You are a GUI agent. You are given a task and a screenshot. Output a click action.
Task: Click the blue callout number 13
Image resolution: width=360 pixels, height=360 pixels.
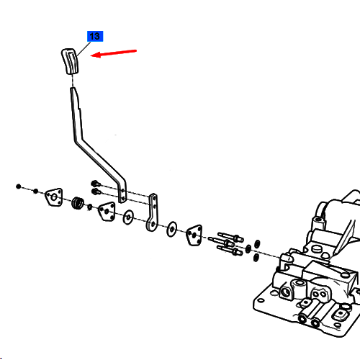95,36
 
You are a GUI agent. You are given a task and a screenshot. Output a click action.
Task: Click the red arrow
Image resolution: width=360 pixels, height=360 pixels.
113,53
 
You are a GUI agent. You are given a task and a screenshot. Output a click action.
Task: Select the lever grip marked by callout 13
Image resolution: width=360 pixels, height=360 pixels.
70,61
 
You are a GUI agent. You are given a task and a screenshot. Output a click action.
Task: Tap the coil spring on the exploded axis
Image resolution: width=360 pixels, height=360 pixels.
78,203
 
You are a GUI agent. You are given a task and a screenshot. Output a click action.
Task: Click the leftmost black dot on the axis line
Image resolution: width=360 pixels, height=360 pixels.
19,186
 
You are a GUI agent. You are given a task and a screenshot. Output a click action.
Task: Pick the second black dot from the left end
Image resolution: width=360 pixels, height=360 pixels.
35,192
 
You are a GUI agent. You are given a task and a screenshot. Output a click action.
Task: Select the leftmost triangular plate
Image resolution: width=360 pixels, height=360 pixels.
54,197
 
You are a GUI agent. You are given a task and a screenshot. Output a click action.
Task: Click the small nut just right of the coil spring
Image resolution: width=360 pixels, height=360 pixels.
90,207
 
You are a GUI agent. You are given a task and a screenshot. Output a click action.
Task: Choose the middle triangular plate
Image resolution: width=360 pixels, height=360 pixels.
107,212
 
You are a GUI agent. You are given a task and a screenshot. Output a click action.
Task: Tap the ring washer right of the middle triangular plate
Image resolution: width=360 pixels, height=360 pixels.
128,217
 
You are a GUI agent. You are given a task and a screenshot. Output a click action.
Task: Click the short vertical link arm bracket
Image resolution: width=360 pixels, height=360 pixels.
153,212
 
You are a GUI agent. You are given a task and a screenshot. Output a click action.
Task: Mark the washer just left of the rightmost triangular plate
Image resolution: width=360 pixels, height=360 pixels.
172,230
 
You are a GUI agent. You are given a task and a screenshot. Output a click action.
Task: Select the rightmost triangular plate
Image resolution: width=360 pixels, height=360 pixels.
194,235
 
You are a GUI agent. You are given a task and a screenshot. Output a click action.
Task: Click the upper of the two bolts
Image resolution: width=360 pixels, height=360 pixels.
96,184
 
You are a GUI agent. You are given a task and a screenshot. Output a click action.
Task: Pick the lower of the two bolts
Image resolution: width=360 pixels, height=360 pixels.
96,192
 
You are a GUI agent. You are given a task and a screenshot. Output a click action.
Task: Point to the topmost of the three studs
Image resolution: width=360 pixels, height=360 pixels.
230,236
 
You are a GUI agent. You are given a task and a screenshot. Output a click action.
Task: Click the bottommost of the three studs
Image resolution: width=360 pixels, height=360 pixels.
230,251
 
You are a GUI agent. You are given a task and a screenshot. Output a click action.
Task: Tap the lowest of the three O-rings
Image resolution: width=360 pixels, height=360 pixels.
256,258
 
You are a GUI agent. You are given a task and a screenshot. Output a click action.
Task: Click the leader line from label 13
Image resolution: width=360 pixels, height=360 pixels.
84,50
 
